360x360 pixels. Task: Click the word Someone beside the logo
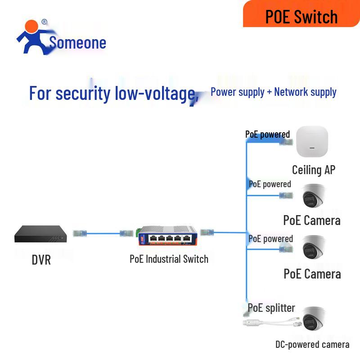coord(77,43)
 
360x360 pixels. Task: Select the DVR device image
coord(43,234)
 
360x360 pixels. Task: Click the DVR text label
coord(41,260)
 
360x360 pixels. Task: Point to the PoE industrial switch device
coord(168,235)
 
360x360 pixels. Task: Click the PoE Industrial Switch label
coord(169,259)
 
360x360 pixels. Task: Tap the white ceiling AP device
coord(312,142)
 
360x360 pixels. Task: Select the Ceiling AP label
coord(314,170)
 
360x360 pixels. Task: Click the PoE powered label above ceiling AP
coord(267,134)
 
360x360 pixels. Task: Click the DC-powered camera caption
coord(312,345)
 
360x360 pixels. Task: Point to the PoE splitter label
coord(271,308)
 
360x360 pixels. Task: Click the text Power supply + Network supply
coord(274,92)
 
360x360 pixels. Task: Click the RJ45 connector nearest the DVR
coord(80,233)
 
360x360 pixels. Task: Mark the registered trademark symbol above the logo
coord(44,22)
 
